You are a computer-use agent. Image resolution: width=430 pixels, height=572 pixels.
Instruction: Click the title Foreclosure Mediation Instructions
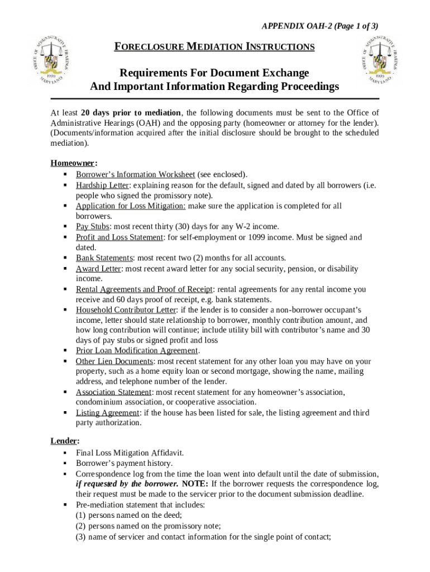[x=214, y=47]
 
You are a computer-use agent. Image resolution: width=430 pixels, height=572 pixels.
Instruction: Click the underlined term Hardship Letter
[x=102, y=185]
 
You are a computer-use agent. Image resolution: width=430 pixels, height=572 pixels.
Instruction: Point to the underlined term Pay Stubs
[x=93, y=227]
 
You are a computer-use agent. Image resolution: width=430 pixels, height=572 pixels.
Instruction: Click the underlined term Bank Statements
[x=104, y=258]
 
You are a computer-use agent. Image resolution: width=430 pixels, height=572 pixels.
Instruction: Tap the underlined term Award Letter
[x=98, y=269]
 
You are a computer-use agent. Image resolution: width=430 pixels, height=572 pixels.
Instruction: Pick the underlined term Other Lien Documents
[x=114, y=361]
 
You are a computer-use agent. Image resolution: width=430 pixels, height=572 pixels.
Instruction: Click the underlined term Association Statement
[x=113, y=392]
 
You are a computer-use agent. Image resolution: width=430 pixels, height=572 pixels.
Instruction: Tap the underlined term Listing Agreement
[x=107, y=413]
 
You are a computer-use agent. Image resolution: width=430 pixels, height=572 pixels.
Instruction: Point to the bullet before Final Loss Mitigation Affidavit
[x=65, y=453]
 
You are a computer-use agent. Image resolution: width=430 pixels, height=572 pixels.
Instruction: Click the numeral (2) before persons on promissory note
[x=81, y=526]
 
